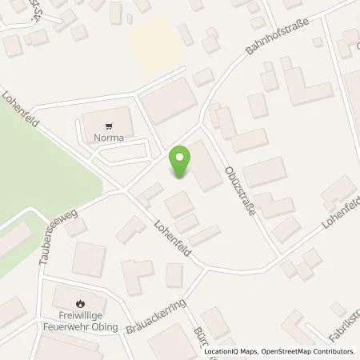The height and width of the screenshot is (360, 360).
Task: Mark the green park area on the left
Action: (40, 176)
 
